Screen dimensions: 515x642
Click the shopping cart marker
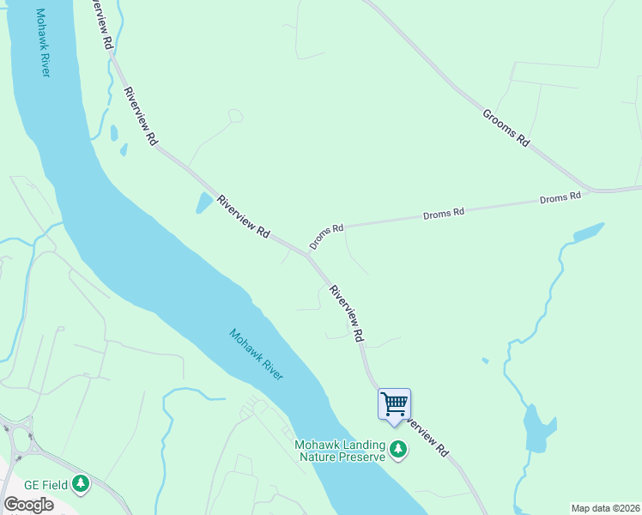point(394,403)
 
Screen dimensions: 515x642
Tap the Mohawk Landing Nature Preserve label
point(341,451)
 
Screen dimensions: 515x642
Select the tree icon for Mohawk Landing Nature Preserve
point(397,448)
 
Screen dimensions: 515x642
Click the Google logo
point(28,505)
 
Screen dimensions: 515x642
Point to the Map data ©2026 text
point(605,508)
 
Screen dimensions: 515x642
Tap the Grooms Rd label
point(506,128)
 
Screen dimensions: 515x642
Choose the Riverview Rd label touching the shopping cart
point(426,436)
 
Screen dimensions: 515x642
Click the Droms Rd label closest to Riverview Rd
point(326,237)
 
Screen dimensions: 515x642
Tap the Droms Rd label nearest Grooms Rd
point(560,197)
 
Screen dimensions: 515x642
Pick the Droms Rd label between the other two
point(444,213)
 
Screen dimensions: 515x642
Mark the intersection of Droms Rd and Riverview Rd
point(307,255)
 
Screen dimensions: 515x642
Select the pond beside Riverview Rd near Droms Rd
point(204,203)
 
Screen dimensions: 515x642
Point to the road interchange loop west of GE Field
point(19,440)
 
